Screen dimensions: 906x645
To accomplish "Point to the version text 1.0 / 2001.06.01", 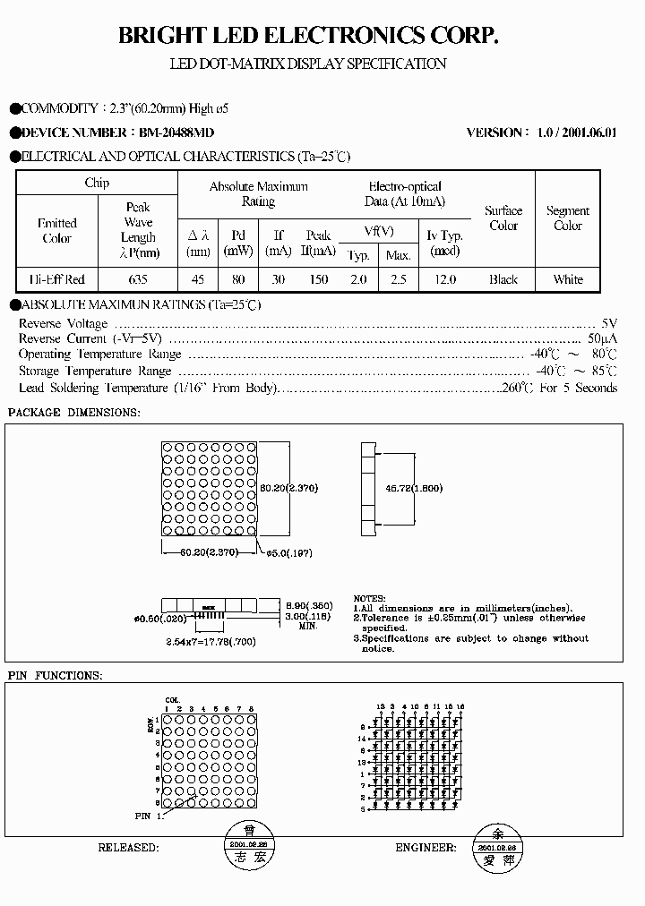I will pyautogui.click(x=577, y=132).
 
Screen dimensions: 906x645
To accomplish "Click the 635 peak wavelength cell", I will pyautogui.click(x=138, y=279).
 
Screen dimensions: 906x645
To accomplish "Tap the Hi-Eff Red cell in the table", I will pyautogui.click(x=57, y=279).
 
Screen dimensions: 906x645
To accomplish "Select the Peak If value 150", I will pyautogui.click(x=318, y=279).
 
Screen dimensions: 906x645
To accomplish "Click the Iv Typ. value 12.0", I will pyautogui.click(x=445, y=279).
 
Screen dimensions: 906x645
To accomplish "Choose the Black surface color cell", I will pyautogui.click(x=503, y=279).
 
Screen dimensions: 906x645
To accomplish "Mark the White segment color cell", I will pyautogui.click(x=568, y=279).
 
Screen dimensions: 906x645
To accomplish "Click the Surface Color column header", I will pyautogui.click(x=503, y=218).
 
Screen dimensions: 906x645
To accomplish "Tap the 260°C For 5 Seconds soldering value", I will pyautogui.click(x=559, y=389).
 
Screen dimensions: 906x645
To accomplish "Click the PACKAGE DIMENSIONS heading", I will pyautogui.click(x=73, y=413).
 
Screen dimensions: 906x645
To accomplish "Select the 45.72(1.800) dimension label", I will pyautogui.click(x=414, y=488).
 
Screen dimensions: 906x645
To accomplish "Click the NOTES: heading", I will pyautogui.click(x=370, y=598).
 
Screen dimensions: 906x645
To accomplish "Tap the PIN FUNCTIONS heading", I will pyautogui.click(x=55, y=675).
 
